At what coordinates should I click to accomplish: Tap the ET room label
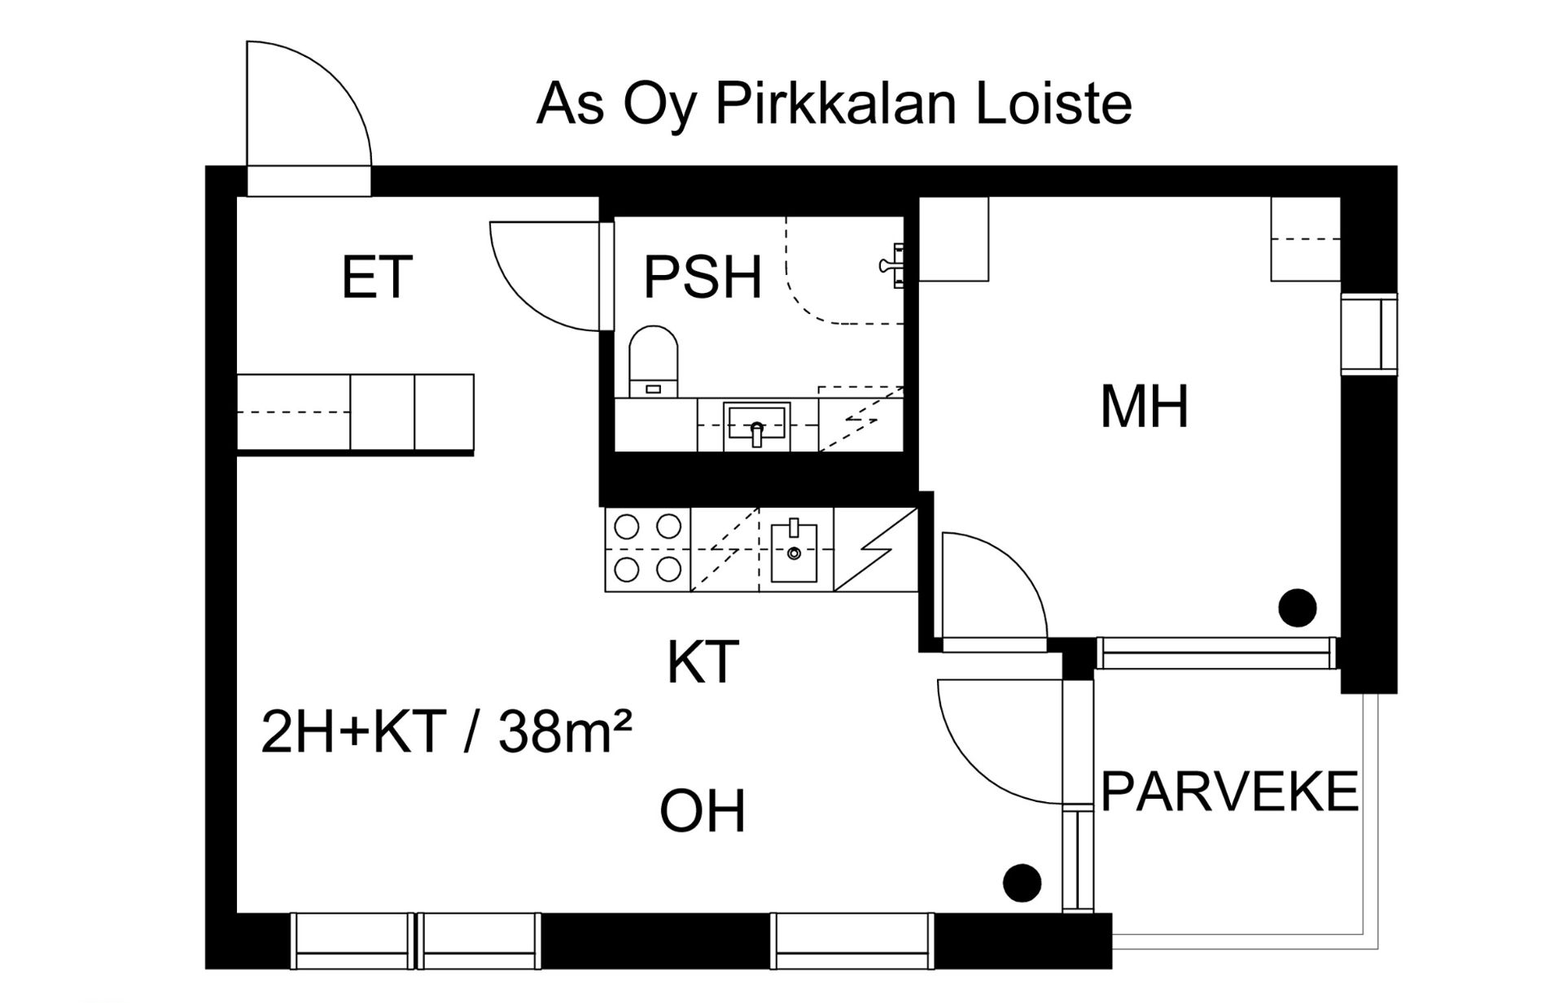(376, 278)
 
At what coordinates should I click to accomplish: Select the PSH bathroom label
(703, 278)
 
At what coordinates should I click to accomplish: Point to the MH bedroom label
(1144, 408)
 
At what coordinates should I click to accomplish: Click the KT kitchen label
(703, 663)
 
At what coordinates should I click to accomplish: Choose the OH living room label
(703, 812)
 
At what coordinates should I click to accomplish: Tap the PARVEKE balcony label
(1229, 791)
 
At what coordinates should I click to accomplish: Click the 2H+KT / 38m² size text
(446, 732)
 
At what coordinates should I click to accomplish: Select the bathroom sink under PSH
(757, 425)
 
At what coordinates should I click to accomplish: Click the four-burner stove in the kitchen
(647, 548)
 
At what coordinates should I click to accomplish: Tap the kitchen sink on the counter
(794, 552)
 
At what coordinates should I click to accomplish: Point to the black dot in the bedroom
(1297, 608)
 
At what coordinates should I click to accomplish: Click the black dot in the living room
(1022, 883)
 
